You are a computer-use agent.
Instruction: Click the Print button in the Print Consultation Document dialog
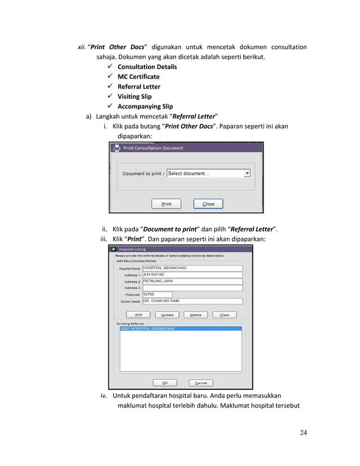(x=166, y=204)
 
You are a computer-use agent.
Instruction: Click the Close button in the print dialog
(x=208, y=204)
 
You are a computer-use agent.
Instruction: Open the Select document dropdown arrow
(x=247, y=174)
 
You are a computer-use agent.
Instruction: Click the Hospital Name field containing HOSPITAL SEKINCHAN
(x=192, y=268)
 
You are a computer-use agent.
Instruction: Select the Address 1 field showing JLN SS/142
(x=192, y=275)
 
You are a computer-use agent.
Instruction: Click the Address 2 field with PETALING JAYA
(x=192, y=281)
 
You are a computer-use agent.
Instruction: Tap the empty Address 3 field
(x=192, y=288)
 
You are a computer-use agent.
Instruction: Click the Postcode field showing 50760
(x=157, y=294)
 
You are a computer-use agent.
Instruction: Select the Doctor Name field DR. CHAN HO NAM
(x=192, y=301)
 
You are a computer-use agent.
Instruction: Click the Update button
(x=167, y=315)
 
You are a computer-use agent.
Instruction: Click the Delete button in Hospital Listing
(x=195, y=315)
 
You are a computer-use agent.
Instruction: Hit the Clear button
(x=224, y=315)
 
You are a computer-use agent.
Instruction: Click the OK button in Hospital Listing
(x=165, y=383)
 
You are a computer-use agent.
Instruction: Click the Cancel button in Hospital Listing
(x=200, y=383)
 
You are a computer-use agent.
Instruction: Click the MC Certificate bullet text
(x=138, y=77)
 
